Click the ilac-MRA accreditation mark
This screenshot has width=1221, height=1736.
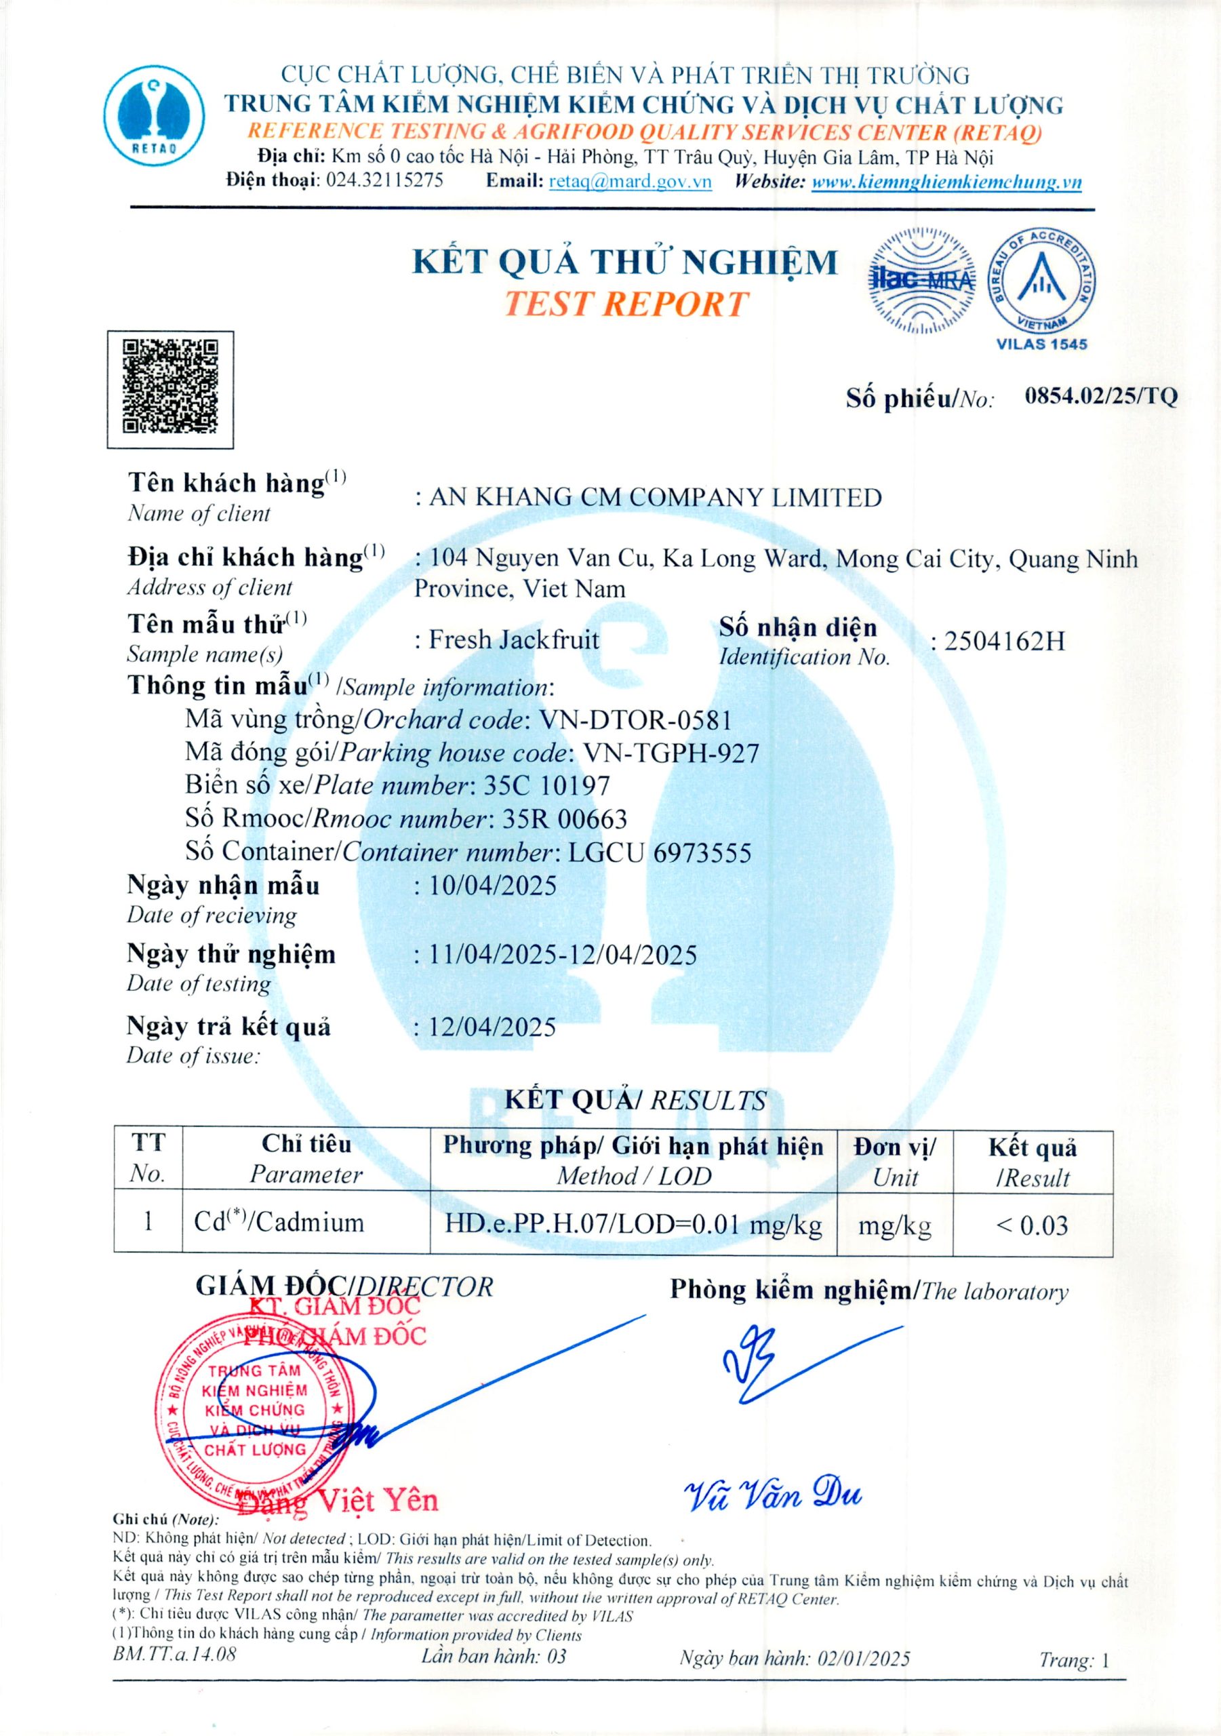(921, 281)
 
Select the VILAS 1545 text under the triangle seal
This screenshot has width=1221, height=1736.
(1041, 344)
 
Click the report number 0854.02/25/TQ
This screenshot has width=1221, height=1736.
(1100, 396)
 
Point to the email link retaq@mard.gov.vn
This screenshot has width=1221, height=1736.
(630, 182)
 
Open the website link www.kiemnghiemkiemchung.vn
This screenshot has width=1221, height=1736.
(946, 182)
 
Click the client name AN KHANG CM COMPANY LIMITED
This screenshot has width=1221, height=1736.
(655, 498)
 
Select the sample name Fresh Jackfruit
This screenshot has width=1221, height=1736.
(514, 639)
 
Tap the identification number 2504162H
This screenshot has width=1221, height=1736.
(1004, 642)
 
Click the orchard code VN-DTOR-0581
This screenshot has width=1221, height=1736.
(635, 719)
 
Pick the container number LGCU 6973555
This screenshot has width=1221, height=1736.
(659, 853)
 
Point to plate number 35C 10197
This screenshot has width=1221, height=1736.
(546, 785)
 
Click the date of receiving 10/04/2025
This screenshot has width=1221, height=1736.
(492, 886)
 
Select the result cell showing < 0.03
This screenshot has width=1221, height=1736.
(1032, 1225)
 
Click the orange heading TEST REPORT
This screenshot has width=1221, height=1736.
(626, 304)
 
